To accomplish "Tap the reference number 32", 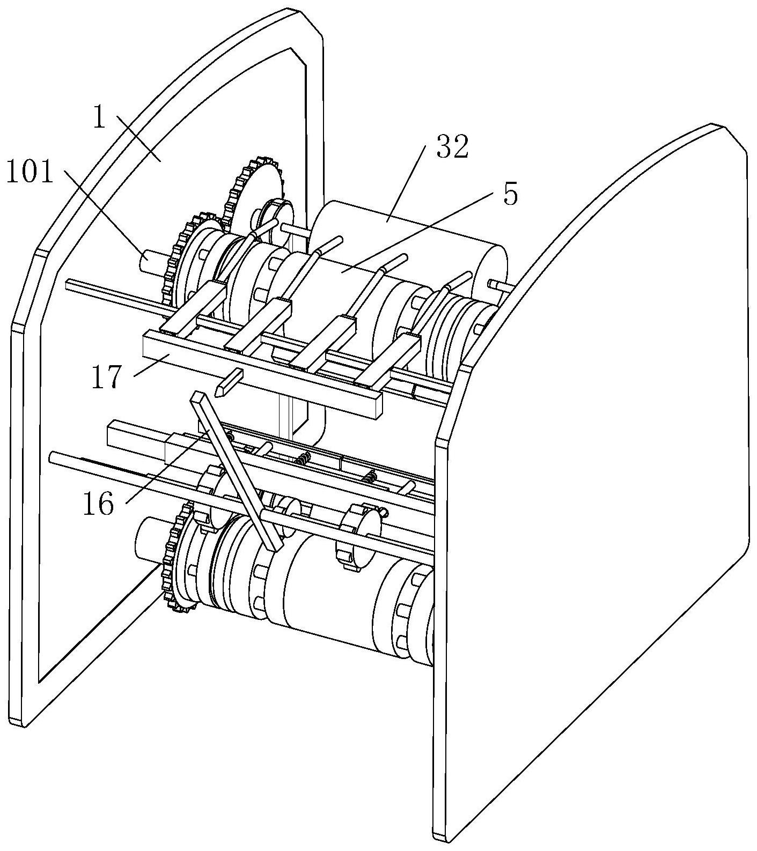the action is coord(452,147).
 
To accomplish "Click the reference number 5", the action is coord(510,194).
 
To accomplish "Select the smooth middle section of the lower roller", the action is coord(327,584).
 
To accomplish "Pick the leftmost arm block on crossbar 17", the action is coord(194,309).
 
